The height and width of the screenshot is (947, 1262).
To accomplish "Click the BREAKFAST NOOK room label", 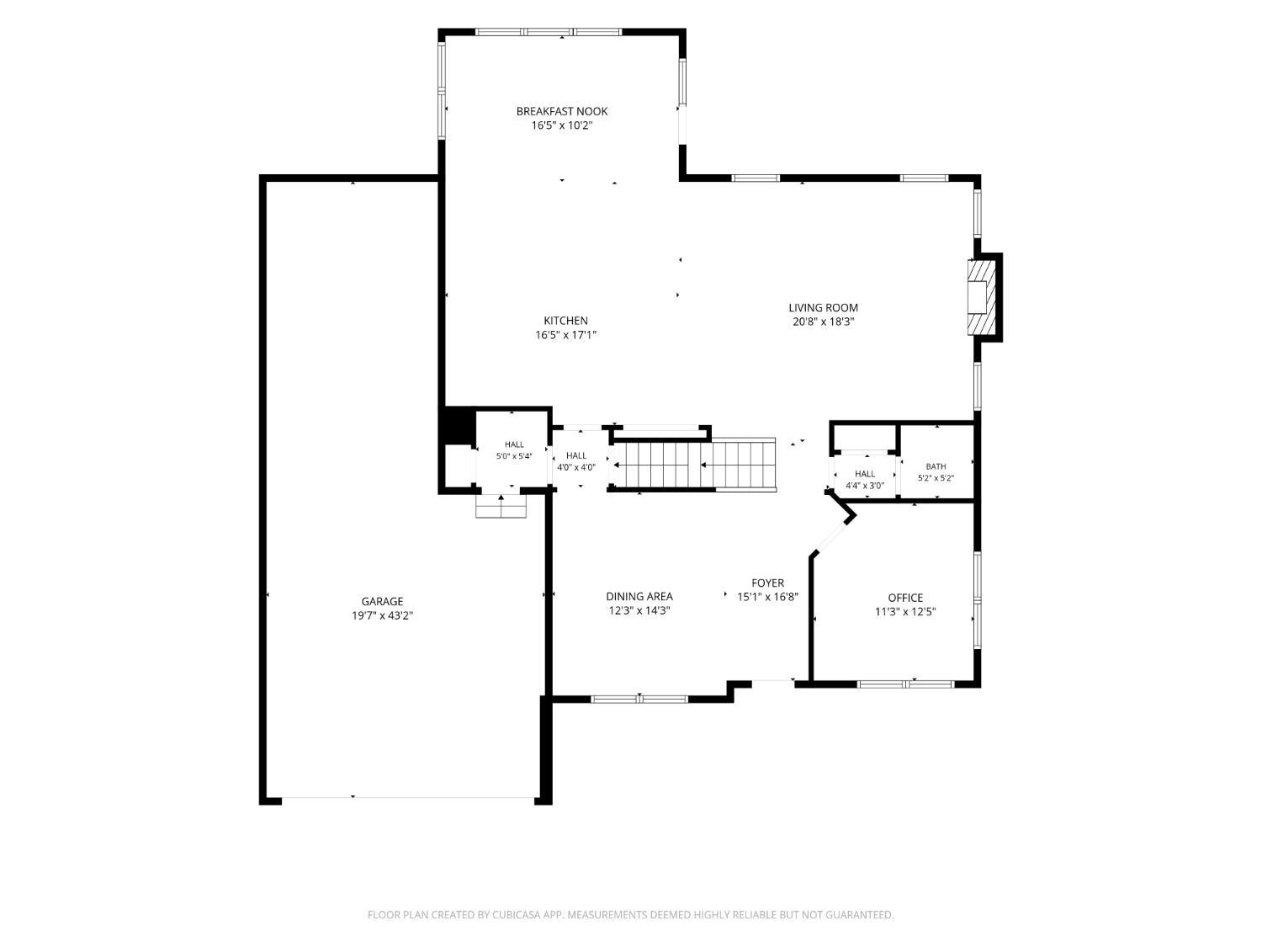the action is [x=562, y=111].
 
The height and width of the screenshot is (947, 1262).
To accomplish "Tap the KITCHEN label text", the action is [x=565, y=320].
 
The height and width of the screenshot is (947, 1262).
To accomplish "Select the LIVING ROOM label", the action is [x=824, y=307].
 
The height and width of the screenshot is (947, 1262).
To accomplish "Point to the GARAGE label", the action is [x=382, y=601].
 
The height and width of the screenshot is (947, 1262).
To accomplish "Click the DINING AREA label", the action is [x=639, y=596].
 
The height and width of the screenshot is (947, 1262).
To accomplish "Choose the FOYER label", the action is [x=767, y=583].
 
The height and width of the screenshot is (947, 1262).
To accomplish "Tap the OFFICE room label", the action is [x=905, y=598].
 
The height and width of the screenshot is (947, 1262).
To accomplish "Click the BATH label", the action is [x=936, y=466].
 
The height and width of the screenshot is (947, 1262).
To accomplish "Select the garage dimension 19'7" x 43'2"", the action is [x=382, y=616].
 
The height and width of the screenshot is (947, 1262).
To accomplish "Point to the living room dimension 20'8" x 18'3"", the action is [x=824, y=322].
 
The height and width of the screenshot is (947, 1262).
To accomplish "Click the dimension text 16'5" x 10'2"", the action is [x=562, y=125].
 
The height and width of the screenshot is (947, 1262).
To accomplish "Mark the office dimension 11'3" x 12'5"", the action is [x=905, y=612].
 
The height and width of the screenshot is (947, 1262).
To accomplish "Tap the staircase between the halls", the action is [x=692, y=464].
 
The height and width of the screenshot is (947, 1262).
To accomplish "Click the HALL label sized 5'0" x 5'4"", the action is [x=514, y=444].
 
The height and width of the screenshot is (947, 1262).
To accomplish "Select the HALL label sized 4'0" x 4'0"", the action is [x=576, y=455].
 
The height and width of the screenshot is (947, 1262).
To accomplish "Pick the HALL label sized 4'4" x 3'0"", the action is [x=865, y=474].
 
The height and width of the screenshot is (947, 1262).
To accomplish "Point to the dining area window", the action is [x=639, y=700].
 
